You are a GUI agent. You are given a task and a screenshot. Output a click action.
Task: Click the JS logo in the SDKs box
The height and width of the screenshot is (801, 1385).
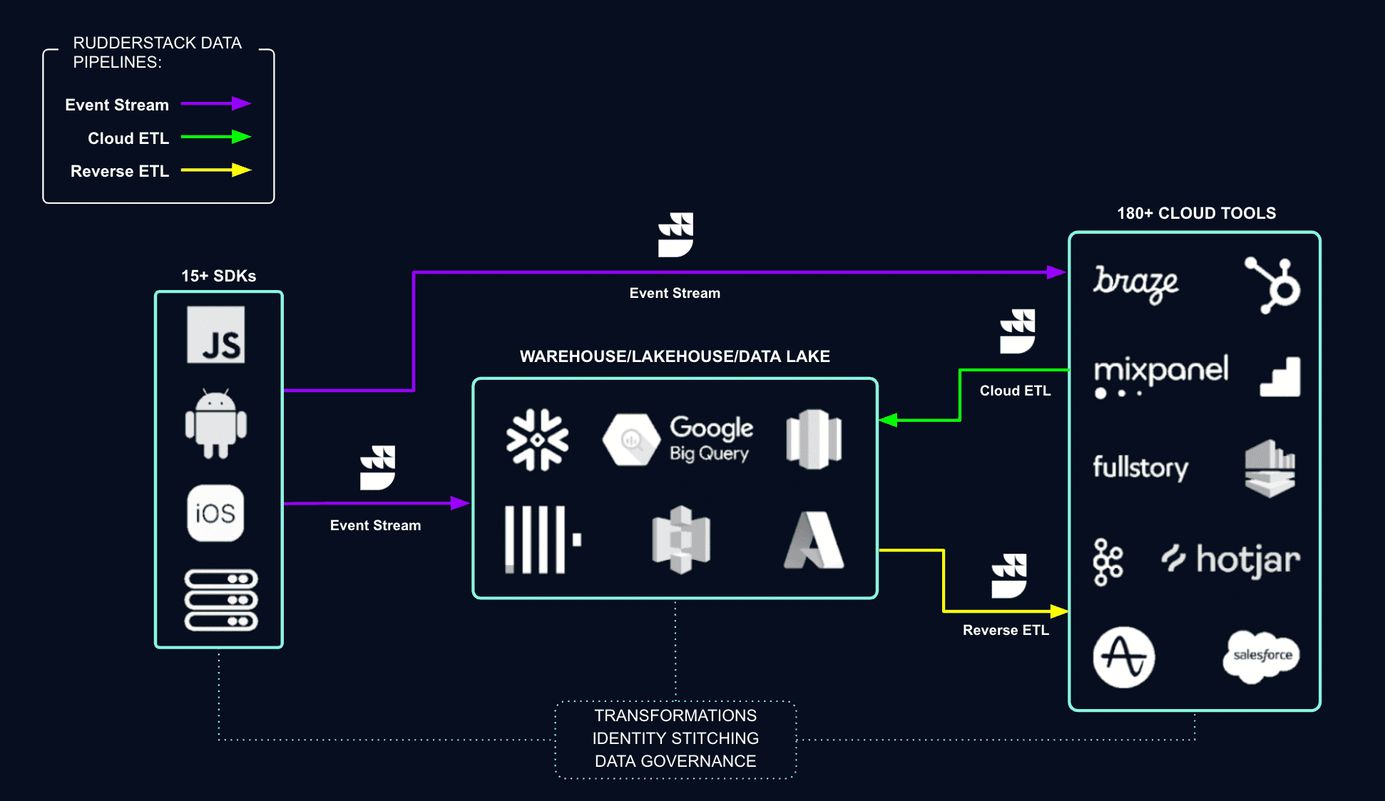click(215, 335)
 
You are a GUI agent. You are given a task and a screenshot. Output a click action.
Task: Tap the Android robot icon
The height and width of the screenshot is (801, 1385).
click(215, 425)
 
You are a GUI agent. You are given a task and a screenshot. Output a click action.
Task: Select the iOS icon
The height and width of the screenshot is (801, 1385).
click(215, 513)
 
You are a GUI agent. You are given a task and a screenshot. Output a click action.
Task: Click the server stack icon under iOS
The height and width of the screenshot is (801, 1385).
click(221, 600)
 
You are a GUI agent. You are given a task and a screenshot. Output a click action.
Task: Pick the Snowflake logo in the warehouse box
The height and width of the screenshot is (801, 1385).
click(537, 440)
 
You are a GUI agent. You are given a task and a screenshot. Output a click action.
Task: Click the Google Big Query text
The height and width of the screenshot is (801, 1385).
click(711, 439)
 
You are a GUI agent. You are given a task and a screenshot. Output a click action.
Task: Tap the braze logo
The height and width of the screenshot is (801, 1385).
click(1136, 284)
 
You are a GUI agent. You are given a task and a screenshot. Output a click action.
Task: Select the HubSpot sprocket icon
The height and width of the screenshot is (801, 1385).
click(1274, 285)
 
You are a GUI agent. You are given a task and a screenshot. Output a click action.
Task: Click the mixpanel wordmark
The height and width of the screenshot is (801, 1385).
click(1161, 371)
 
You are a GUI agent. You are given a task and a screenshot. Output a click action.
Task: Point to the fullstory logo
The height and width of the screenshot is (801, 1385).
click(1140, 467)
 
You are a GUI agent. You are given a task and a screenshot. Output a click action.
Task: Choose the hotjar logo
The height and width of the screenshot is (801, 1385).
click(1231, 560)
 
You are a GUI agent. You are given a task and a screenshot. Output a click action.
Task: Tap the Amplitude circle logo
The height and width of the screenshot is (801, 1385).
click(1124, 657)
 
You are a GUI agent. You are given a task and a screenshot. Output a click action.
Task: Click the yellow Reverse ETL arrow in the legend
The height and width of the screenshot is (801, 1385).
click(217, 170)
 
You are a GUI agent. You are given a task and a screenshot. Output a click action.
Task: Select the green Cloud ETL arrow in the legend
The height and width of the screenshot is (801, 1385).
click(217, 137)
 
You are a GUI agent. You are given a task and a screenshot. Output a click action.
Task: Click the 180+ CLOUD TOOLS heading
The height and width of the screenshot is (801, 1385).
click(1196, 213)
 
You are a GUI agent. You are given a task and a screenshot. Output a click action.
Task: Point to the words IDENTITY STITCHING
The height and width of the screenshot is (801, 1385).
click(675, 738)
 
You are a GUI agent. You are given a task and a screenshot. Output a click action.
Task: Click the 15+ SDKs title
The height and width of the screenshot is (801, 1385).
click(218, 276)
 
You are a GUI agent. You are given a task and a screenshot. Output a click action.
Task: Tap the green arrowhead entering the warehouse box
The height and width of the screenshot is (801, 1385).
click(888, 420)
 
